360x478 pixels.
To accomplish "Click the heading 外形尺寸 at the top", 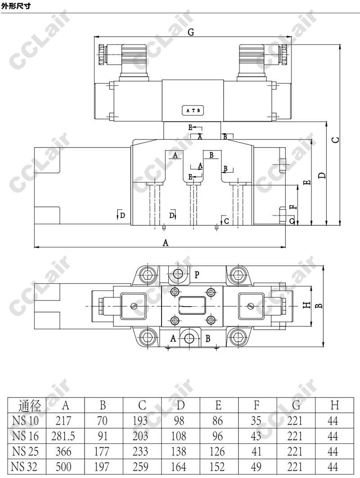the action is pos(16,6).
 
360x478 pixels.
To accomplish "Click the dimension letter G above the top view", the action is pos(191,32).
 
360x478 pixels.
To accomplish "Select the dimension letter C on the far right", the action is pos(335,139).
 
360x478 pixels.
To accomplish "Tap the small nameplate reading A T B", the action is pos(193,110).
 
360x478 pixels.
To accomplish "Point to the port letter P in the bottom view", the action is pos(197,275).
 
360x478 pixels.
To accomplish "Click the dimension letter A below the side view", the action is pos(165,243).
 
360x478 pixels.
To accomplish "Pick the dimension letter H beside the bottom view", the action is pos(306,305).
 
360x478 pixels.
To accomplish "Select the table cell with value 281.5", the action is pos(63,436).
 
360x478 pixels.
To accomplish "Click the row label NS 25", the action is pos(25,451).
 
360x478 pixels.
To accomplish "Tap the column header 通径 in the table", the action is pos(30,406).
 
